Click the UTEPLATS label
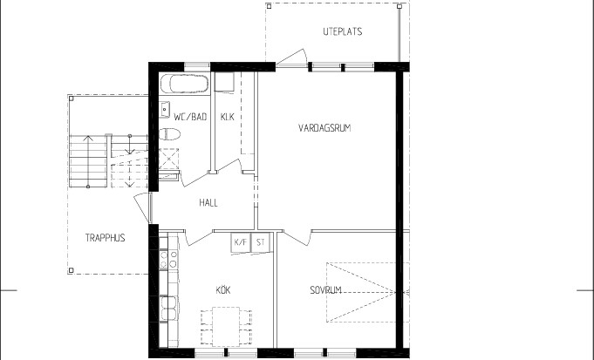(x=343, y=31)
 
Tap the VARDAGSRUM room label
(x=324, y=128)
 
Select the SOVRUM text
(x=326, y=290)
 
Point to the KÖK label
(x=223, y=290)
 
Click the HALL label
(x=208, y=203)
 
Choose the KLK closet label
(x=228, y=117)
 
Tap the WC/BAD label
(x=190, y=117)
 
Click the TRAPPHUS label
(x=105, y=238)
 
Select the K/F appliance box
(x=241, y=242)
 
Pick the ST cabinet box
(x=261, y=242)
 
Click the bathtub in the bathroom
(x=185, y=84)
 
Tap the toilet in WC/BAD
(x=169, y=134)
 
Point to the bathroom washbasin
(x=164, y=110)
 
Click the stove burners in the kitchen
(x=168, y=259)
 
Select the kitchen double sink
(x=168, y=309)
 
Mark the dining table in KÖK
(x=226, y=327)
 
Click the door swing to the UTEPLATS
(x=291, y=58)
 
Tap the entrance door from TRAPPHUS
(x=142, y=207)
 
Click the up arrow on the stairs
(x=88, y=161)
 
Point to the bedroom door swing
(x=297, y=236)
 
